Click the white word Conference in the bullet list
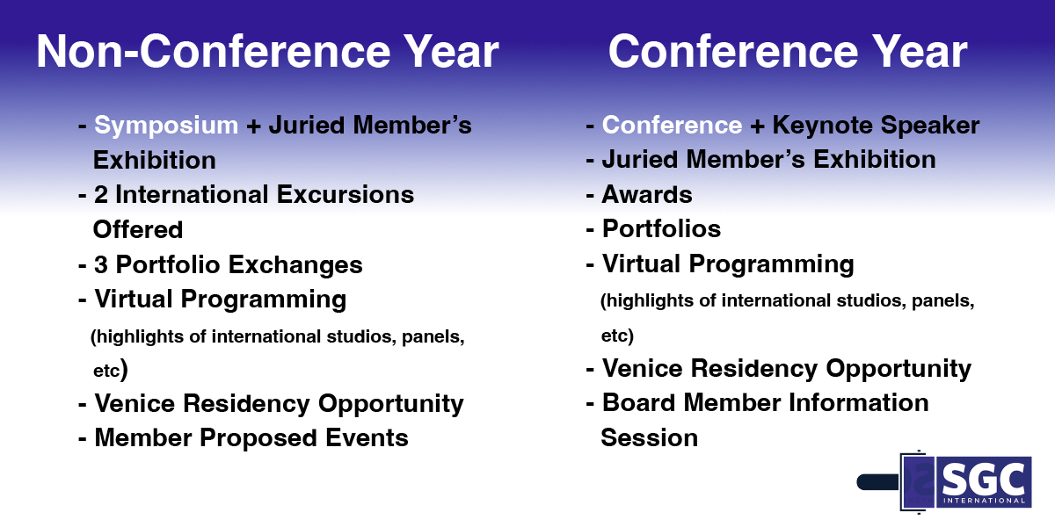pos(672,125)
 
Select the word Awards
pos(647,194)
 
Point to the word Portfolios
pos(661,229)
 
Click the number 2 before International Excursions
pos(101,195)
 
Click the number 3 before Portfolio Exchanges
pos(101,264)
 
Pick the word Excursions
pos(346,195)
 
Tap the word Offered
pos(138,229)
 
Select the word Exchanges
pos(295,264)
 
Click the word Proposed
pos(258,438)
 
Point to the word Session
pos(650,437)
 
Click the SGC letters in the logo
pos(983,479)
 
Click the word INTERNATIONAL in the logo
pos(984,501)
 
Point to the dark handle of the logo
pos(878,482)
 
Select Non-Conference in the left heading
pos(215,52)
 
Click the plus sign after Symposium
pos(254,126)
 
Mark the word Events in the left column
pos(367,438)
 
